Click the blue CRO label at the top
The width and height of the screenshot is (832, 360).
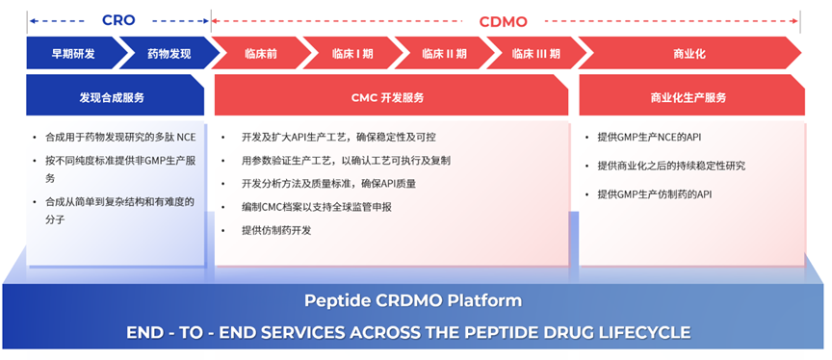point(118,20)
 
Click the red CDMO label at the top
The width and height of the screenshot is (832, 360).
point(503,22)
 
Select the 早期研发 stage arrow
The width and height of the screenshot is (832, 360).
point(74,53)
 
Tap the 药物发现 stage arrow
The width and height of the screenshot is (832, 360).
point(169,53)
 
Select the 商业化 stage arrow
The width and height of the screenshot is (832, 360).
point(689,53)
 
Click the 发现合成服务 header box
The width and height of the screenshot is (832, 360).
point(116,95)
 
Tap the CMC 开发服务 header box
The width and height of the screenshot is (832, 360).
point(391,95)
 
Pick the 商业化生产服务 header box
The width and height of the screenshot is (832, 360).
point(692,95)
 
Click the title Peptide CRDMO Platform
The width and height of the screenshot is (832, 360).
point(413,301)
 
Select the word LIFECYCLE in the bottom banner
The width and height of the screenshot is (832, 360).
point(637,332)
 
